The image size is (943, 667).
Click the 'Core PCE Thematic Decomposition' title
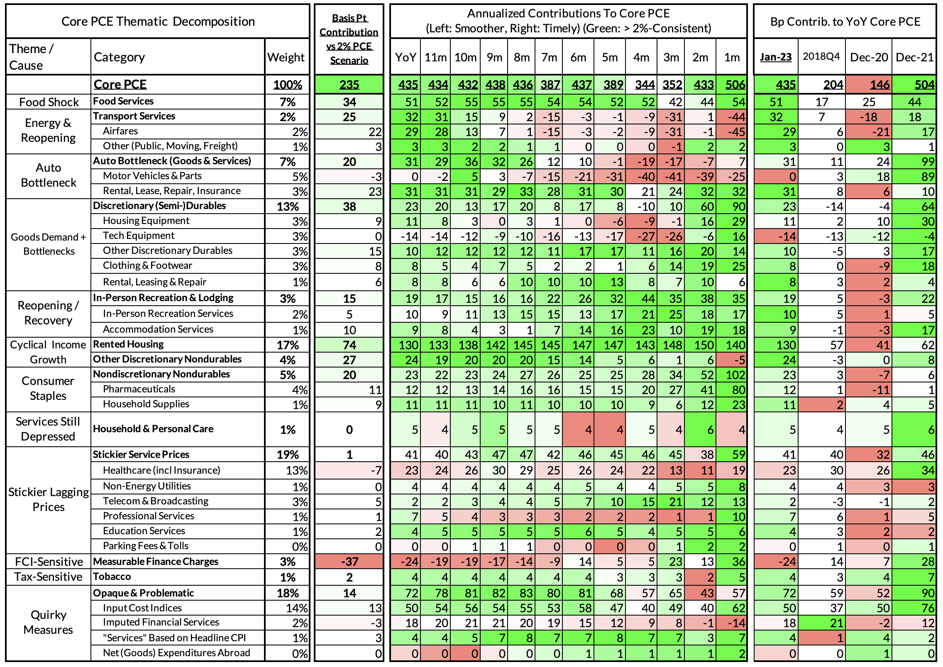[158, 22]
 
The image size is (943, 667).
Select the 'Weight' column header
[286, 57]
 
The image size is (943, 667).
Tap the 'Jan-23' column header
[776, 57]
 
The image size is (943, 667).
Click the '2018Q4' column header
[821, 56]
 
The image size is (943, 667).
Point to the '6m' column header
[578, 57]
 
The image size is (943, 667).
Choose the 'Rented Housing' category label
[128, 344]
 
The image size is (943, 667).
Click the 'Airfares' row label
[120, 131]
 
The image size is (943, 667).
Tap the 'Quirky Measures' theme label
[48, 622]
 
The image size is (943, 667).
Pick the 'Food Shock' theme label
[49, 102]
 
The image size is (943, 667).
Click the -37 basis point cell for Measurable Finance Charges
[349, 562]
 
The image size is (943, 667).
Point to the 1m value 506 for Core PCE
[735, 85]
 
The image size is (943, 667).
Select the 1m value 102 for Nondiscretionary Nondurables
[735, 375]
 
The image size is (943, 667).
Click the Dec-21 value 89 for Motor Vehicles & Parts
[927, 177]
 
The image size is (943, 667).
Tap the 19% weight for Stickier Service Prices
[288, 455]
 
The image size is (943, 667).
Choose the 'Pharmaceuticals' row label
[139, 389]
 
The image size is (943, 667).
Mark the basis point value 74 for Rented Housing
[349, 345]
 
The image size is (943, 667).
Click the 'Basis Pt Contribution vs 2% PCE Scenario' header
[349, 39]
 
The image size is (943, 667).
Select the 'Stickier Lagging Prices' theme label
[48, 499]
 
